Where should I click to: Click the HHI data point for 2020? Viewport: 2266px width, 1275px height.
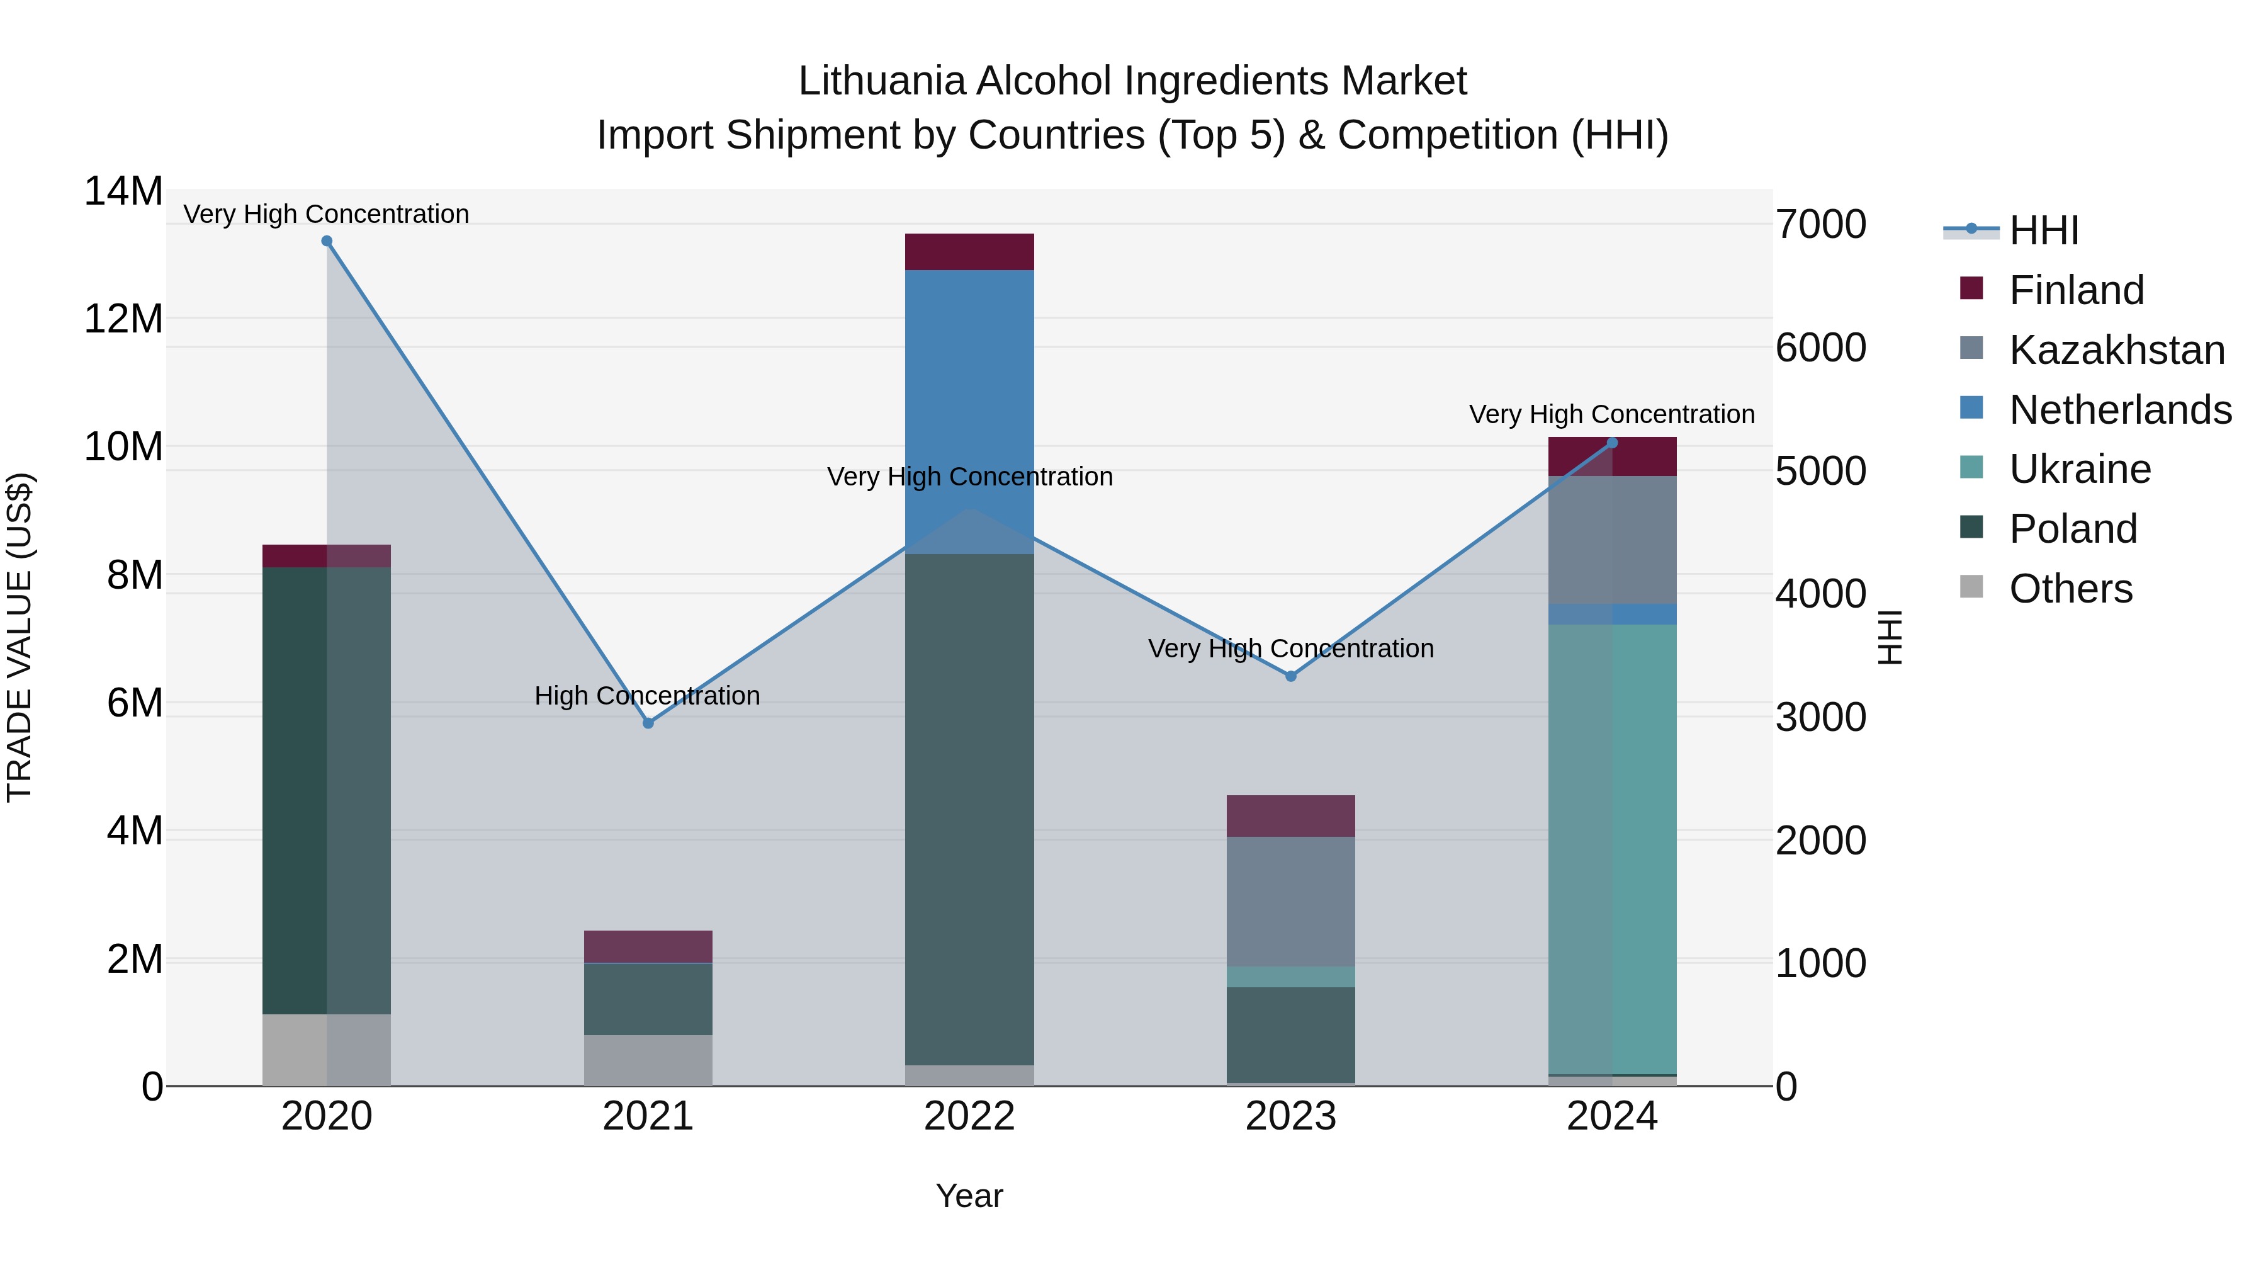point(326,241)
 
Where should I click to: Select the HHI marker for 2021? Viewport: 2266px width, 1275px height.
point(648,723)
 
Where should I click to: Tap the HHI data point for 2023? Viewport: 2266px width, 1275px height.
point(1290,676)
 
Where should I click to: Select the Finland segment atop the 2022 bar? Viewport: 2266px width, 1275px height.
point(969,252)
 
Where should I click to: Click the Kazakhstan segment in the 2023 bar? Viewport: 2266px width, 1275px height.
point(1290,901)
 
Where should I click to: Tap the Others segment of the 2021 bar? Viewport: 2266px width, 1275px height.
point(648,1060)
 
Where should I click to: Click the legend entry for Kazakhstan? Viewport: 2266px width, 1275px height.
point(2116,350)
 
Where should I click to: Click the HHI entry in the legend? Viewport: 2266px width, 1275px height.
point(2043,230)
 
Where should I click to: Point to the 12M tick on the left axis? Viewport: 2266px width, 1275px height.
point(123,319)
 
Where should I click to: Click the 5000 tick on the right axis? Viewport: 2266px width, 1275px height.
point(1820,471)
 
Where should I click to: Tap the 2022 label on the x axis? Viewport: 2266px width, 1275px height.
point(969,1116)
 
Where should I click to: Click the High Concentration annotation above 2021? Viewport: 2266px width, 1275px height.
point(648,696)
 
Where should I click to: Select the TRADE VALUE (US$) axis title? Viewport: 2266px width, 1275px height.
point(20,637)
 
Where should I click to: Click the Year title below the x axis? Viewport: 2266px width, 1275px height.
point(969,1196)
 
